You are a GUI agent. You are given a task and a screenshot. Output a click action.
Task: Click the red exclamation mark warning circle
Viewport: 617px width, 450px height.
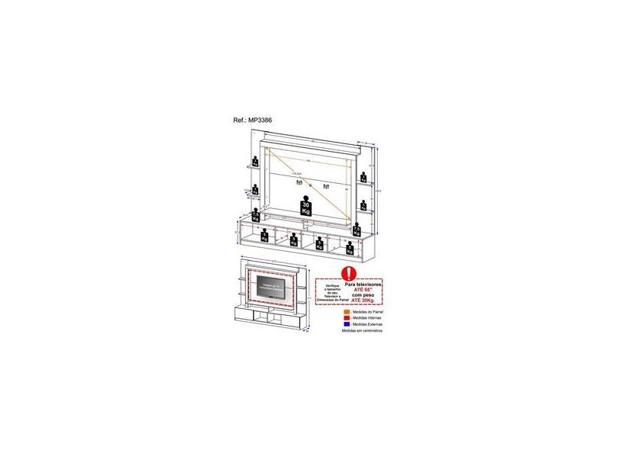click(x=349, y=272)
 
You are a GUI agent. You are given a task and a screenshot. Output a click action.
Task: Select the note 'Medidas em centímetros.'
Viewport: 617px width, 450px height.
click(x=362, y=332)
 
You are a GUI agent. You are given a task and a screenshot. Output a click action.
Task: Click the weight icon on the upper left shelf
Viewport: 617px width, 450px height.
click(x=255, y=162)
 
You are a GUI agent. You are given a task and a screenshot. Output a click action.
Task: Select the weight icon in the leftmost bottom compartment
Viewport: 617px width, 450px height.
click(x=264, y=236)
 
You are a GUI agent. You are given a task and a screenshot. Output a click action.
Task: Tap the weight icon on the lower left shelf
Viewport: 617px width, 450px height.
click(x=256, y=189)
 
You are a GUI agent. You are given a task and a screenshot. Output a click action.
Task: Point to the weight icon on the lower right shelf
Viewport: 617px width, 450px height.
click(x=364, y=205)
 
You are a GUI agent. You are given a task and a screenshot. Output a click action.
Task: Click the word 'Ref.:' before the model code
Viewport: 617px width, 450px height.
click(x=239, y=120)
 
